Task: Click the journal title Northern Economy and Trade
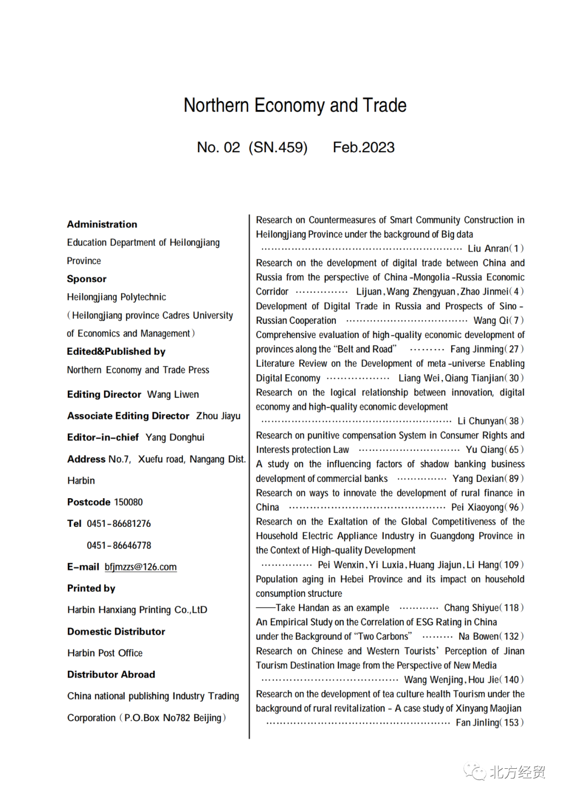point(295,105)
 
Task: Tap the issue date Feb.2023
point(363,148)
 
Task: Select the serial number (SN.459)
point(278,148)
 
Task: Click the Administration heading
point(102,224)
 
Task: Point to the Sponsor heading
point(87,279)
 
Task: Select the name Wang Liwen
point(173,394)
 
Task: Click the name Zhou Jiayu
point(218,416)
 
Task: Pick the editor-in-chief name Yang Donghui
point(175,437)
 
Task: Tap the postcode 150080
point(128,502)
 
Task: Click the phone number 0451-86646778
point(119,546)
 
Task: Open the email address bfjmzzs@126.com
point(140,567)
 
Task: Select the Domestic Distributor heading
point(116,632)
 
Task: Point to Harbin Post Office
point(105,653)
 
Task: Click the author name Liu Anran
point(488,249)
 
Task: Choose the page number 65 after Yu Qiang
point(514,450)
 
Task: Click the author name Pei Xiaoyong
point(477,508)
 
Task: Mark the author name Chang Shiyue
point(472,608)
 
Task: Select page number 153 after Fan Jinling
point(511,723)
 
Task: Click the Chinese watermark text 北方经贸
point(517,772)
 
